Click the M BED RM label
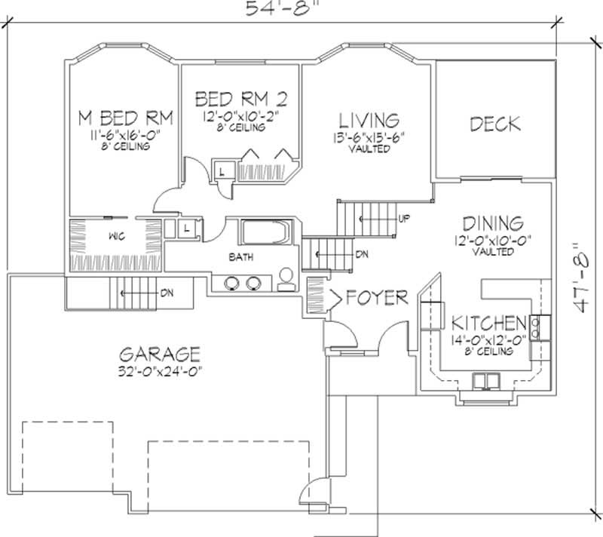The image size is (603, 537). click(127, 118)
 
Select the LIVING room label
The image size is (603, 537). click(369, 120)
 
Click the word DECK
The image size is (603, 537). click(495, 124)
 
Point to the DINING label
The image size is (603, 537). click(493, 223)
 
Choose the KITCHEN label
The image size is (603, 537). click(488, 323)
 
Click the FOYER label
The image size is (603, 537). click(377, 297)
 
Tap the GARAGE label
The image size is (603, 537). click(159, 354)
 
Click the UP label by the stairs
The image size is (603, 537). click(404, 219)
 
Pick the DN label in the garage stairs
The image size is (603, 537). click(165, 292)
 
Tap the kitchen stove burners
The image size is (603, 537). click(537, 327)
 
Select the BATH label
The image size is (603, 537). click(241, 257)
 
